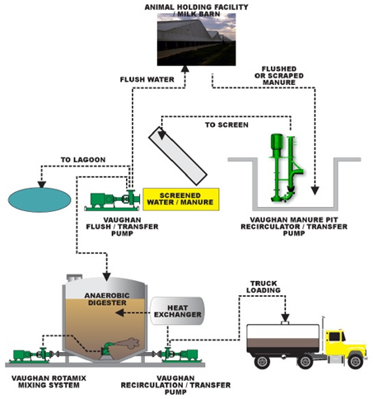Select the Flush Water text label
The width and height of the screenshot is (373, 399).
point(146,81)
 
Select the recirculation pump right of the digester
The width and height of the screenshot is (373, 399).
point(180,354)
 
